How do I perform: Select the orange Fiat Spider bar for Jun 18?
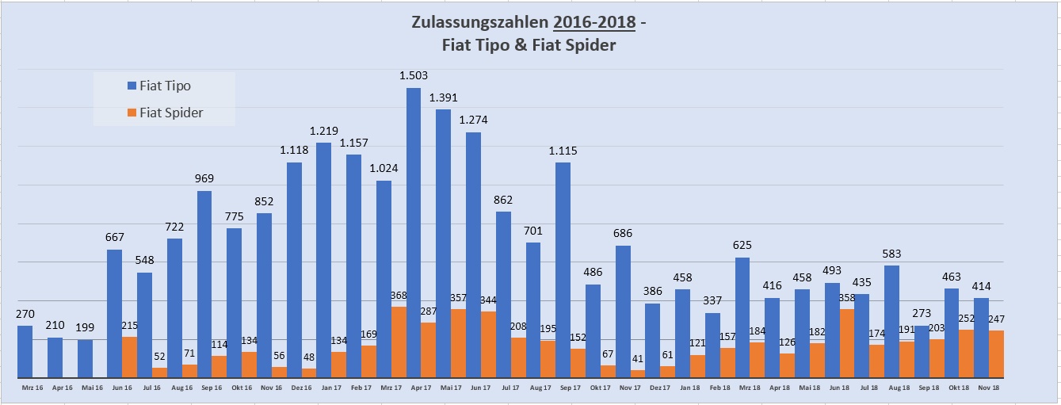(x=847, y=343)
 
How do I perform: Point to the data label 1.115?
(x=563, y=151)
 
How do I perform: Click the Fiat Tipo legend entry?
(x=165, y=86)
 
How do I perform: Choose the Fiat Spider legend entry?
(x=170, y=113)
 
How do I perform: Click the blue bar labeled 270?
(x=25, y=351)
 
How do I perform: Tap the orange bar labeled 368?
(x=399, y=342)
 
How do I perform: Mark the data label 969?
(x=204, y=179)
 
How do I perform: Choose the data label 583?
(x=891, y=254)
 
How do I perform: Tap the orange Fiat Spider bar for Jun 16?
(x=129, y=357)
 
